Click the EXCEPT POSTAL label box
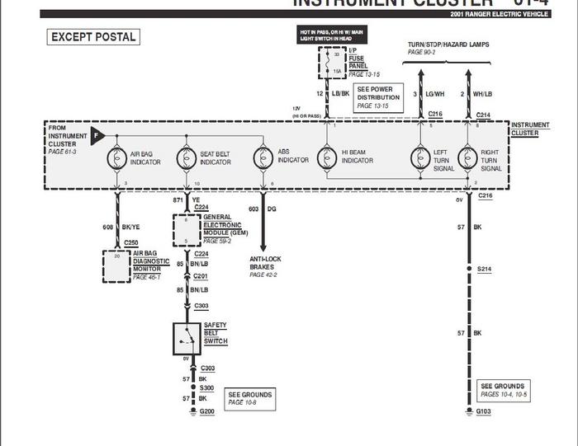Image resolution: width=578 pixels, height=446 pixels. pos(93,37)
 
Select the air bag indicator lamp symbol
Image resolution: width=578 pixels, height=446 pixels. pos(116,157)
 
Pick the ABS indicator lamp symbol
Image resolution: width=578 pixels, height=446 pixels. pos(263,157)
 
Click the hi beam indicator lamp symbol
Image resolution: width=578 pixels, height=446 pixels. pos(328,157)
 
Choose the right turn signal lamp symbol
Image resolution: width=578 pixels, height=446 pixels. pos(467,157)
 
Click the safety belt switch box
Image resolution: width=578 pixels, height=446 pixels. pos(187,336)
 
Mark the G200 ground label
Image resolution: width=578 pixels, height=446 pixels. pos(207,411)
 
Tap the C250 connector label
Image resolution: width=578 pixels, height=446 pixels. pos(130,242)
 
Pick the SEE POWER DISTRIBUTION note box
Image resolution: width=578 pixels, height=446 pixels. pos(377,96)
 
